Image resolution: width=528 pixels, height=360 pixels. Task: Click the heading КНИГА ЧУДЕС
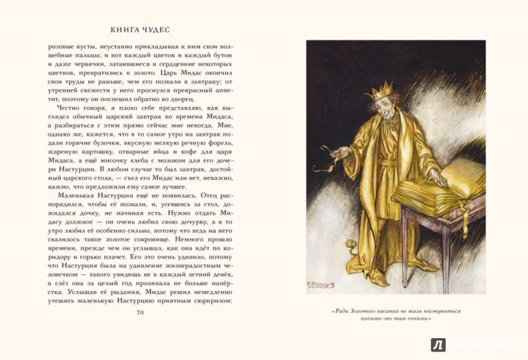point(140,30)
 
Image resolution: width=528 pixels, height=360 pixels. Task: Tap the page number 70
point(140,313)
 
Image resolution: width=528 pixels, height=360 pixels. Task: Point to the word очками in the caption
point(419,320)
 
